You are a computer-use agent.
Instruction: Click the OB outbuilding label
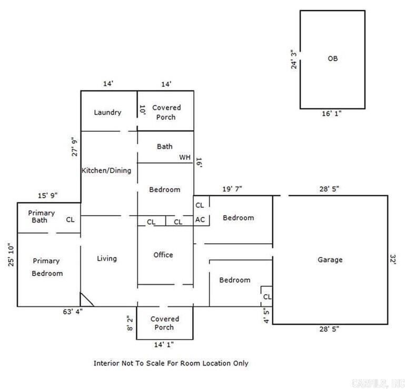(332, 59)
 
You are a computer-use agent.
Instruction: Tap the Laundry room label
(107, 112)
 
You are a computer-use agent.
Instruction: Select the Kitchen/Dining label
(106, 170)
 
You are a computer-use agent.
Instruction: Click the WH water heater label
(184, 157)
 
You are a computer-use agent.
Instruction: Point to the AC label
(200, 220)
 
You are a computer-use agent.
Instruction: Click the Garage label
(330, 260)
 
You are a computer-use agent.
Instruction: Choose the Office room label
(163, 255)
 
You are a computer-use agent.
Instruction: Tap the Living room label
(107, 258)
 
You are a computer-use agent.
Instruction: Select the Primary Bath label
(42, 216)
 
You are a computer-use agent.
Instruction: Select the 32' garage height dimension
(393, 260)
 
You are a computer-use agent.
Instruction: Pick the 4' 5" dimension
(266, 316)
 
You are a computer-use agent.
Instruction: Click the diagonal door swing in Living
(86, 300)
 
